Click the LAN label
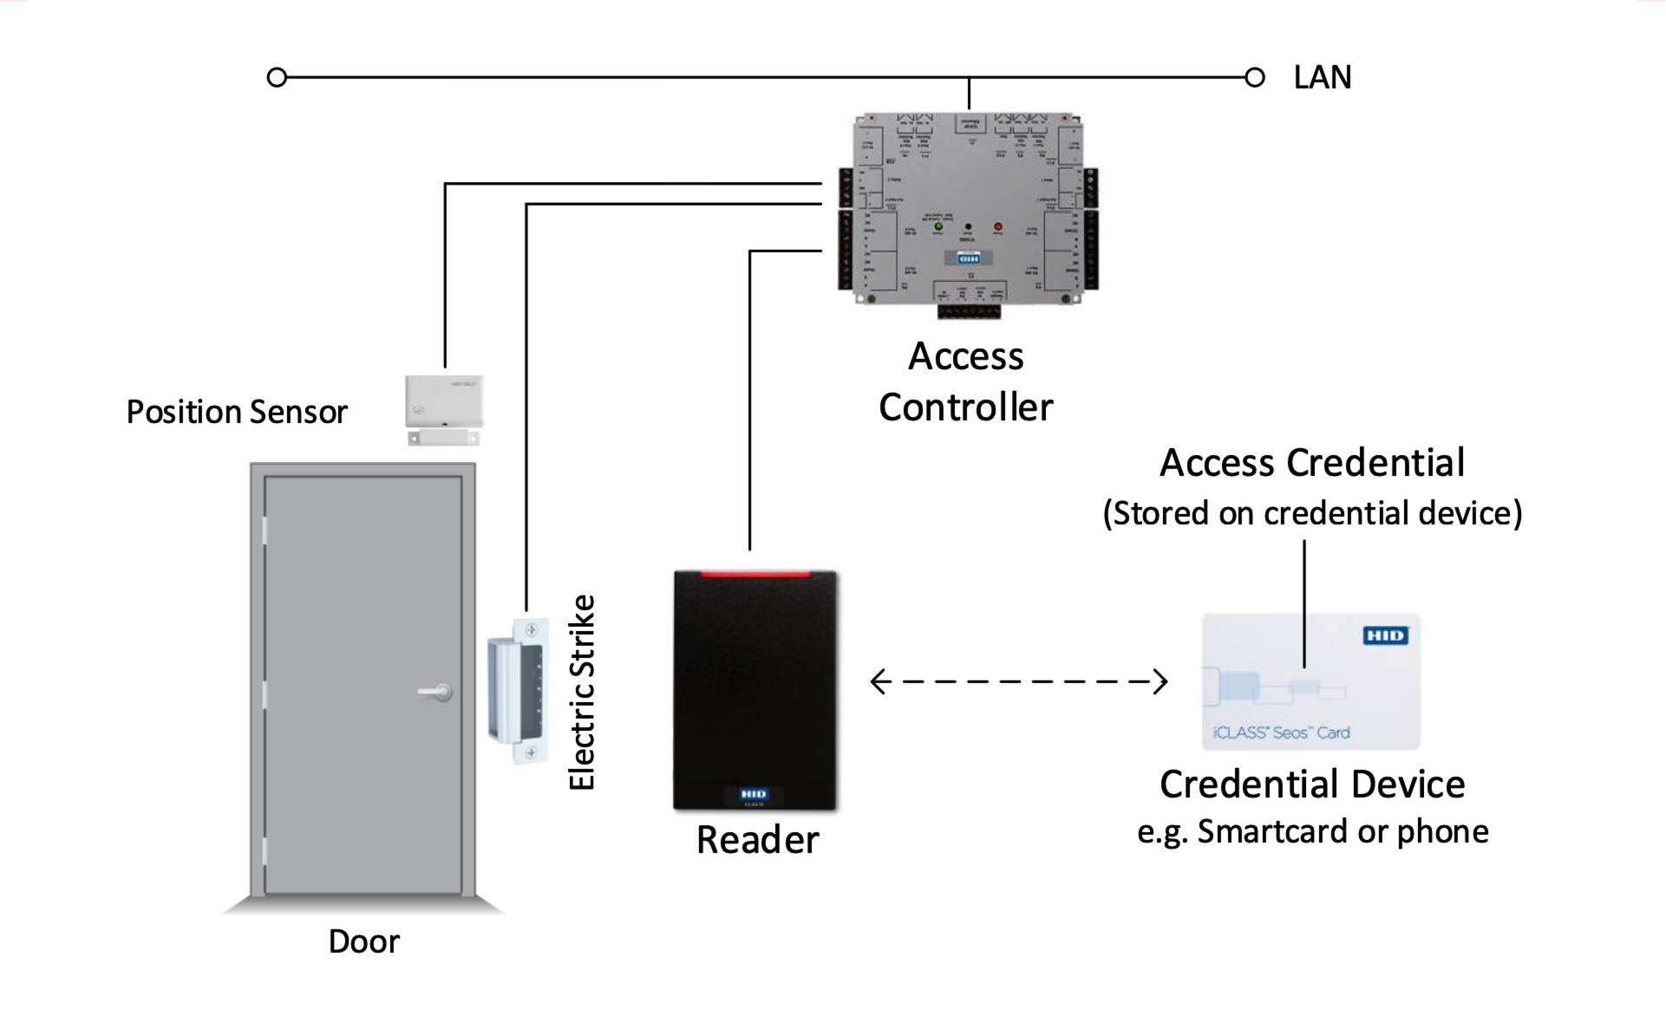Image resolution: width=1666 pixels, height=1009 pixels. (1322, 78)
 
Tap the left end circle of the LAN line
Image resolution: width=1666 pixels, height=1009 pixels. (277, 78)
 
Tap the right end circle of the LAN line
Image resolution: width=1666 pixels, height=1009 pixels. (1254, 78)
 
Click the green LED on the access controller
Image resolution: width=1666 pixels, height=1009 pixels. (938, 226)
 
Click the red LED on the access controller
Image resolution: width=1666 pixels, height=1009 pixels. (997, 226)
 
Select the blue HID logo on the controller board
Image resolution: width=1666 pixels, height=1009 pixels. (968, 258)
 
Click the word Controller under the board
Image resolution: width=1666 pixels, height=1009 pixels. (965, 407)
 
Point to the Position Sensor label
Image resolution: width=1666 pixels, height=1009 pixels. (237, 412)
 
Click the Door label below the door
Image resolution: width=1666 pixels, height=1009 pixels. (363, 941)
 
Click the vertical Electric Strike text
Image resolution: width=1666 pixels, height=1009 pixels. (582, 692)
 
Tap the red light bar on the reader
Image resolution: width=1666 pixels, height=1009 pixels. (755, 573)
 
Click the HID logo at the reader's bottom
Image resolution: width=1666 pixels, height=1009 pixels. (753, 794)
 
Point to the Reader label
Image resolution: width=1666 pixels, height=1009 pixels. (757, 840)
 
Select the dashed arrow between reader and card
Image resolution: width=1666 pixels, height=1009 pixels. (1018, 681)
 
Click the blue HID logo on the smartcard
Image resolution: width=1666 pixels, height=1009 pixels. (1385, 635)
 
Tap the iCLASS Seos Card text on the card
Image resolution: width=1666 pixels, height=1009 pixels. (1281, 732)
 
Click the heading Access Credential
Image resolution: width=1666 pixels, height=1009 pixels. (1312, 463)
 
